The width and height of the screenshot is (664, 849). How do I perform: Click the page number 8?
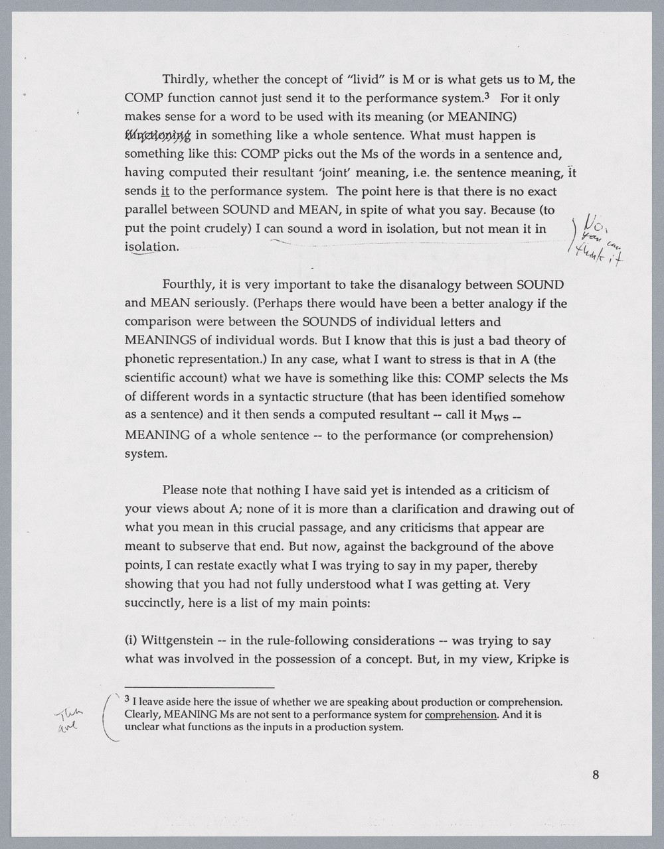pos(596,775)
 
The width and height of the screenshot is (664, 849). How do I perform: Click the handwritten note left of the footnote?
pos(69,718)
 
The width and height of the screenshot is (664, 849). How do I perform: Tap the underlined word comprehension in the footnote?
pos(460,715)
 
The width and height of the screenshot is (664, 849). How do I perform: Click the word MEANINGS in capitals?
pos(160,341)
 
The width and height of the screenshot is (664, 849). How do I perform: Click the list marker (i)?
pos(131,641)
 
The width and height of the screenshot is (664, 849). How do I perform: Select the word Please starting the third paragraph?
pos(181,491)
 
